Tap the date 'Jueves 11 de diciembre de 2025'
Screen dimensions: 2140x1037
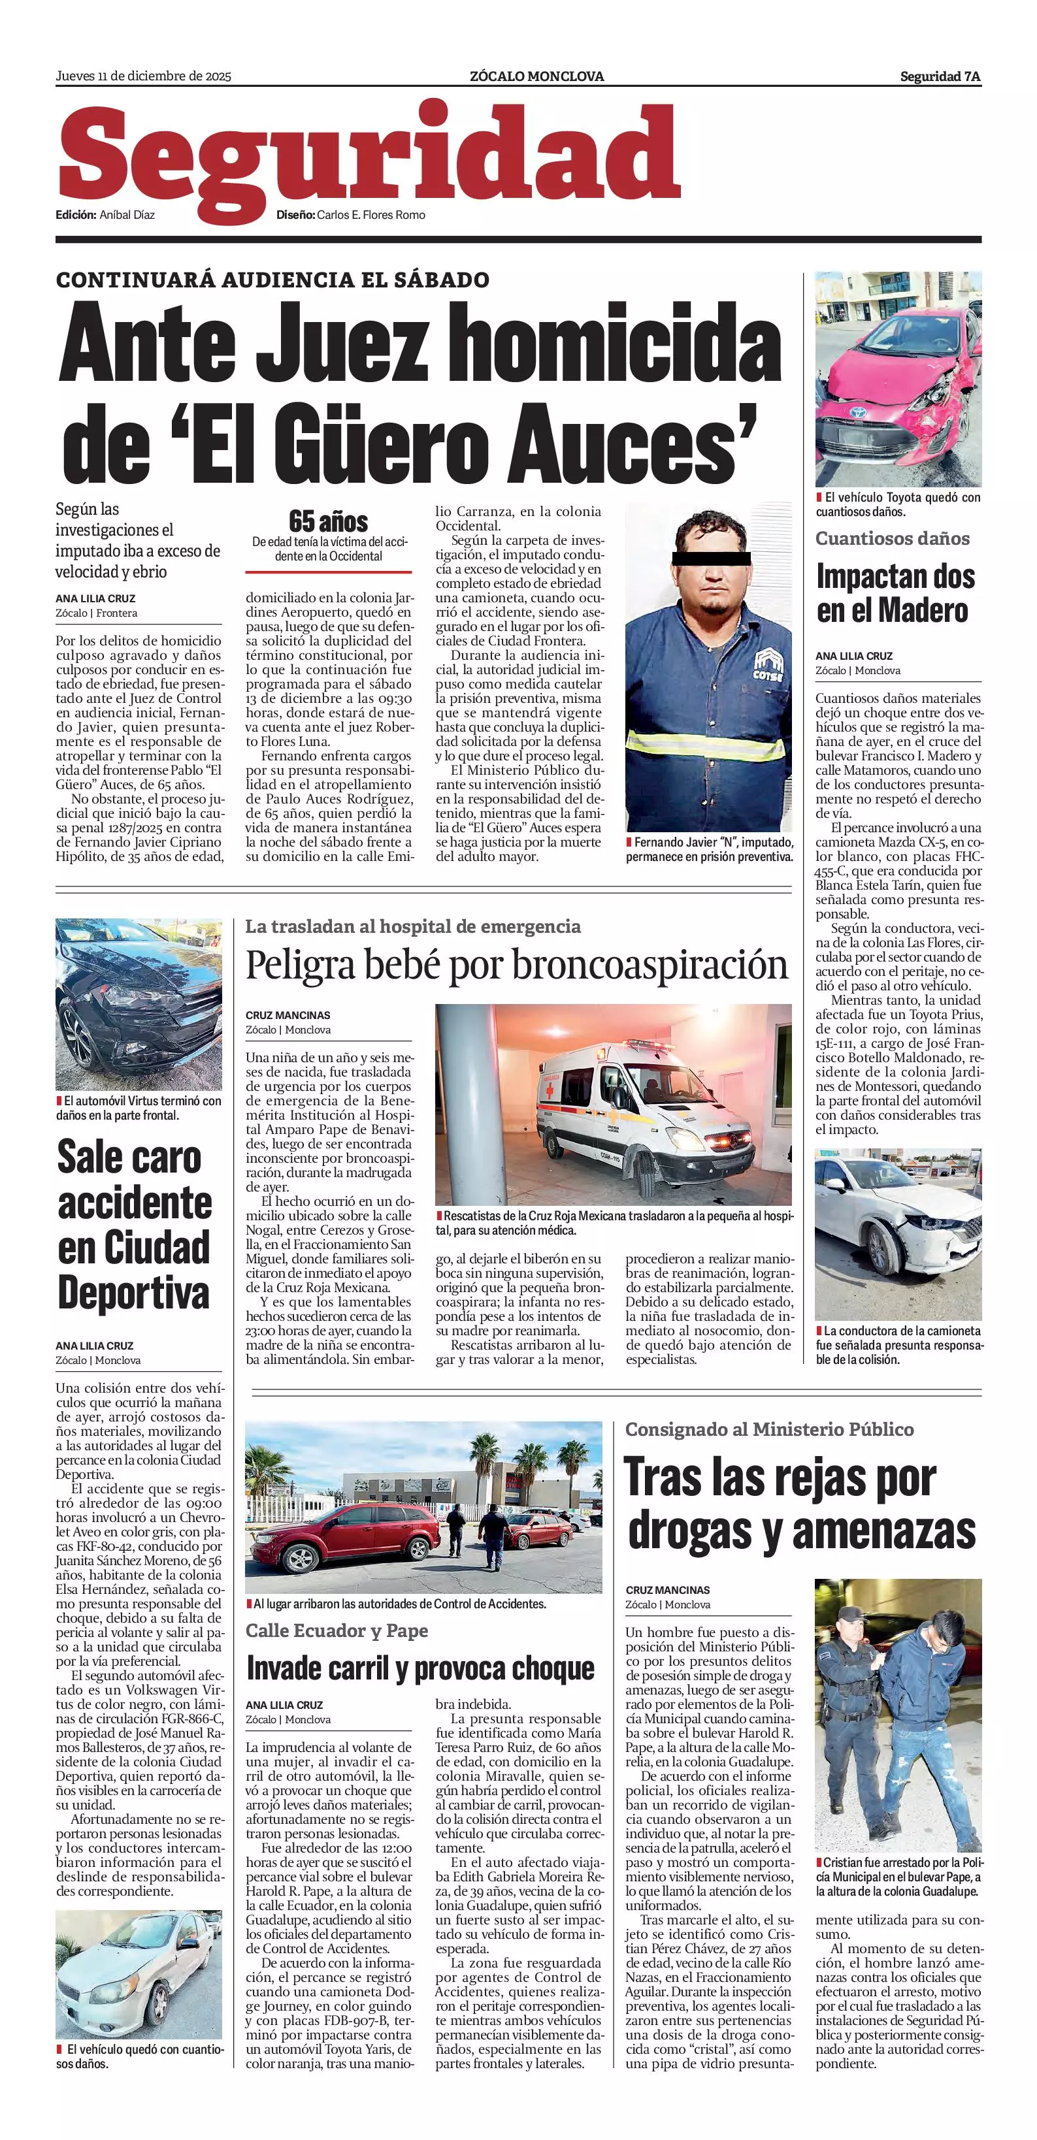pyautogui.click(x=143, y=76)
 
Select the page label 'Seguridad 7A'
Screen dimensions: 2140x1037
pyautogui.click(x=940, y=76)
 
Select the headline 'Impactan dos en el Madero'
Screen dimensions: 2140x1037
pyautogui.click(x=894, y=593)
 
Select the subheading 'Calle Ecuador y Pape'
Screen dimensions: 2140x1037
pyautogui.click(x=337, y=1630)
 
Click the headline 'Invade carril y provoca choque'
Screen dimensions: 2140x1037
pyautogui.click(x=420, y=1667)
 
